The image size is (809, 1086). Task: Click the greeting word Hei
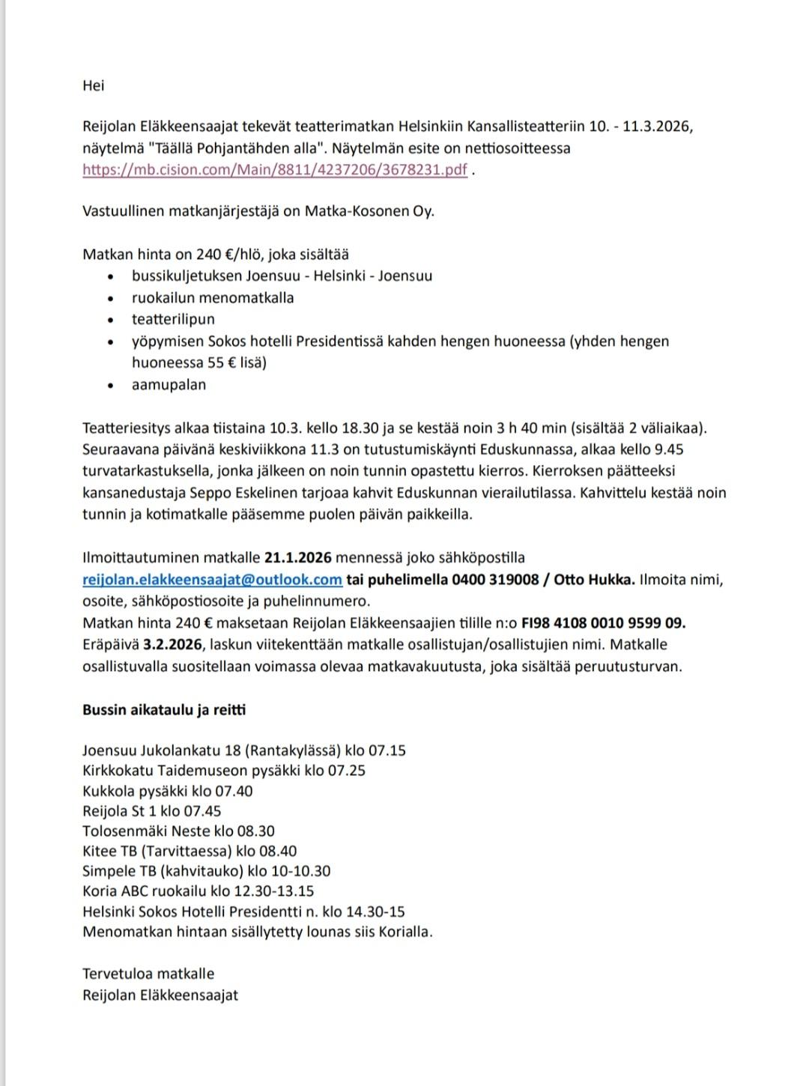[94, 85]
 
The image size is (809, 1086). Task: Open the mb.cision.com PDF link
[275, 169]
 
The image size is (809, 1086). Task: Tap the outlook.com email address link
[212, 580]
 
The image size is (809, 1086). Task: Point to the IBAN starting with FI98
[603, 623]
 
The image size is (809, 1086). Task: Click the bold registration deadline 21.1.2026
[297, 558]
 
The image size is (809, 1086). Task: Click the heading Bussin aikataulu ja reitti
[164, 710]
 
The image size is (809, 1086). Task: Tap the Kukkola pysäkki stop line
[167, 791]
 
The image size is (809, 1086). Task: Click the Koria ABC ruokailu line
[198, 892]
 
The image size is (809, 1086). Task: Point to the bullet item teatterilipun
[173, 320]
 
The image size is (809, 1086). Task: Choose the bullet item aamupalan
[169, 385]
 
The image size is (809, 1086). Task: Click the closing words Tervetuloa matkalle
[148, 974]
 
